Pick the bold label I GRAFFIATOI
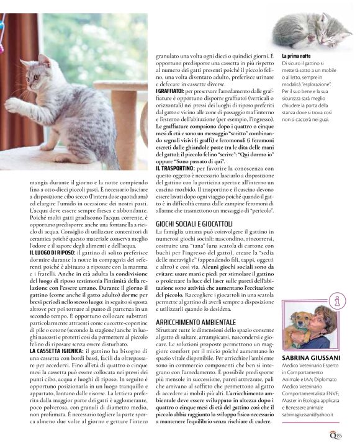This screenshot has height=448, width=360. [x=170, y=92]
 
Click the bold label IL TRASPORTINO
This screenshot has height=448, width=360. [x=175, y=168]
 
